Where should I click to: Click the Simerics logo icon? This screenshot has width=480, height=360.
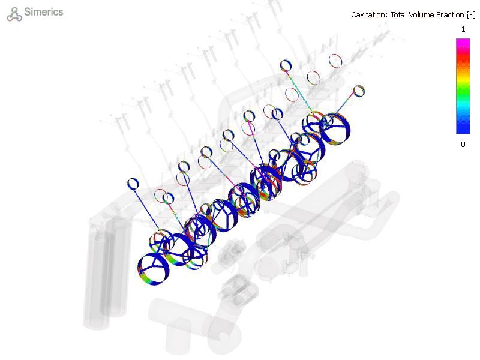pos(14,14)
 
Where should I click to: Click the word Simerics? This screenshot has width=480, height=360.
pos(43,12)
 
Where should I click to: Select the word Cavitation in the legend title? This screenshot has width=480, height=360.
pos(369,14)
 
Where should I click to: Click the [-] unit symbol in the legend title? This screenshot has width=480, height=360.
pos(471,15)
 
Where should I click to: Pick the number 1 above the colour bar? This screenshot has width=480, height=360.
pos(463,29)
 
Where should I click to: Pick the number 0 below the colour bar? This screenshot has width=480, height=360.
pos(463,145)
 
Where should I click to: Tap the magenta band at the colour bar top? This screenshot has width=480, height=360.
pos(463,43)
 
